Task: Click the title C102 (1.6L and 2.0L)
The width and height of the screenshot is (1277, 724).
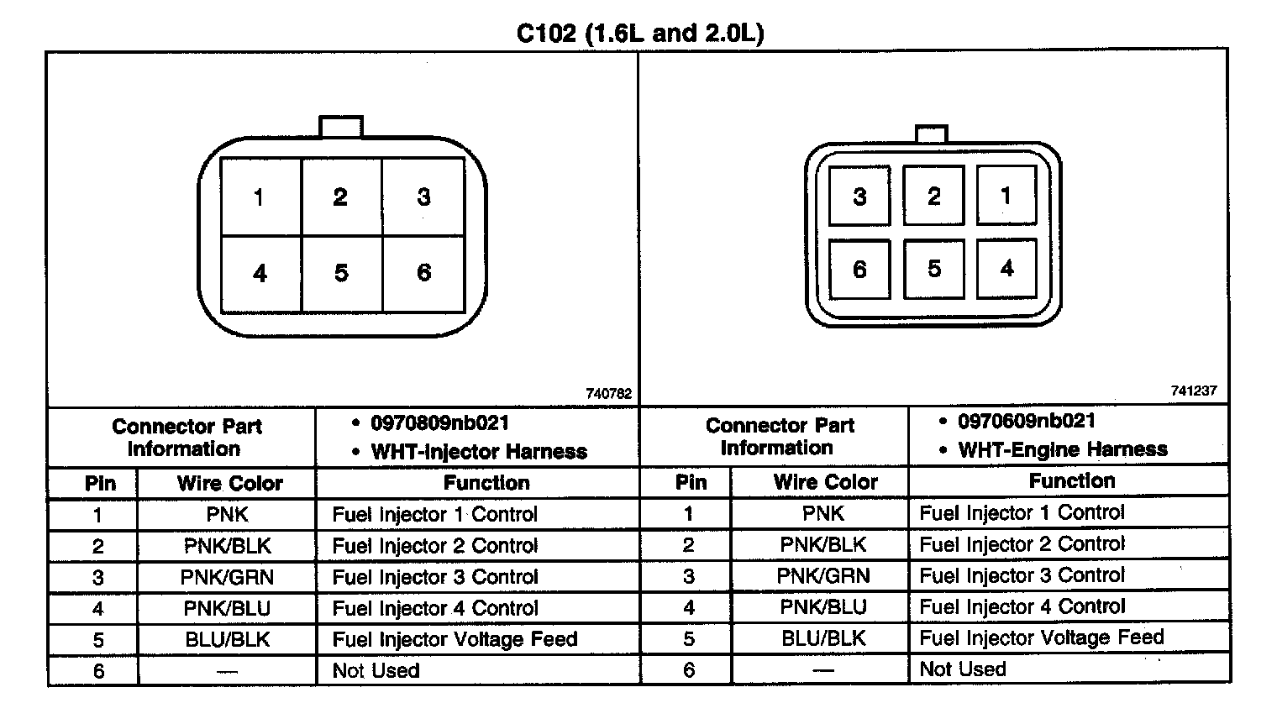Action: point(639,34)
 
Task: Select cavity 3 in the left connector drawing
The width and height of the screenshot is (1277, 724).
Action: point(423,197)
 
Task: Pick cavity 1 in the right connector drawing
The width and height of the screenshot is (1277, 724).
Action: point(1006,196)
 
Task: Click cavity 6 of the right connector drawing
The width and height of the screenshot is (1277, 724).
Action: point(859,269)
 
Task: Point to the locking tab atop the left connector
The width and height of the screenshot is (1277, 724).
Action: point(341,127)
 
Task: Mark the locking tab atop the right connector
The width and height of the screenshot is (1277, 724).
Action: point(931,134)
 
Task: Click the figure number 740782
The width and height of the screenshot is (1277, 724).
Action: point(608,393)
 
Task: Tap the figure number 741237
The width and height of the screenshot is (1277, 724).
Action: point(1193,391)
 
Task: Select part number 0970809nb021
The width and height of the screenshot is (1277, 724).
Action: point(440,422)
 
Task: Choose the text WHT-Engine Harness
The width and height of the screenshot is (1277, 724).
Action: point(1063,449)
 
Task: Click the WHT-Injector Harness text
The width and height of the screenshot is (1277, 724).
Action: point(479,452)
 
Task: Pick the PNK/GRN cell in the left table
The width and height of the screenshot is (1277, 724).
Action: point(227,578)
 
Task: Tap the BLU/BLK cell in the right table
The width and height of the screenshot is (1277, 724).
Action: point(823,638)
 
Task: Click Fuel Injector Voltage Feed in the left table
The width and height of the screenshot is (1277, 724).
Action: point(455,640)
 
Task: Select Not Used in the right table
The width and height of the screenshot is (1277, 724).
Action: point(963,669)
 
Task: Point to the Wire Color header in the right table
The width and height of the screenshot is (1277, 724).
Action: point(825,482)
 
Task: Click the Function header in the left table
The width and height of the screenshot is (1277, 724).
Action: point(486,483)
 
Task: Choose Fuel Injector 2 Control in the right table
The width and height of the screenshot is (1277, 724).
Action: point(1022,544)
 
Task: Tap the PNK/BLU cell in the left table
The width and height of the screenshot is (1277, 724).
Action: point(227,609)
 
